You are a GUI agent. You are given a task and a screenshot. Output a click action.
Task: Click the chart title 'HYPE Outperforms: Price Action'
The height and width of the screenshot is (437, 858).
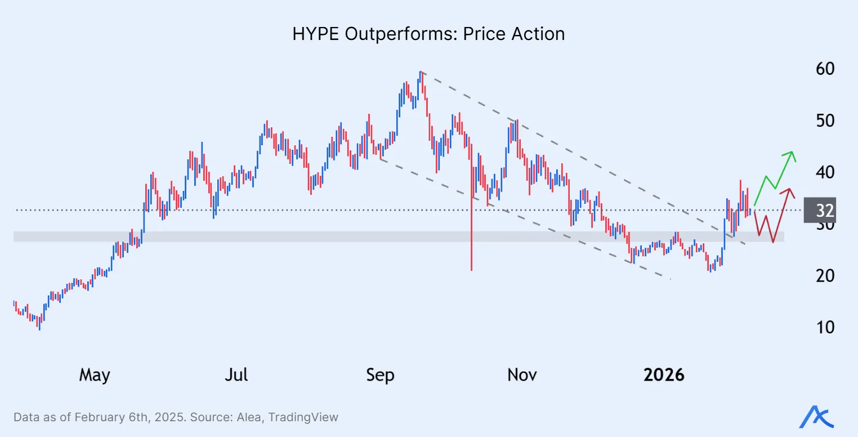pos(428,34)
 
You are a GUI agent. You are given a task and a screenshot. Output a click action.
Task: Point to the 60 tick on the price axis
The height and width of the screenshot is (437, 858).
pos(825,69)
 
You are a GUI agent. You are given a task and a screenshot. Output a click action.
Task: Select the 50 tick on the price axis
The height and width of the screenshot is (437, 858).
pos(825,121)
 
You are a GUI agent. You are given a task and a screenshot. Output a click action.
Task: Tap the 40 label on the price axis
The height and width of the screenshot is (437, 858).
pos(825,172)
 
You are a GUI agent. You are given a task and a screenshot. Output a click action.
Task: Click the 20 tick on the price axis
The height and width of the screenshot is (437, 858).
pos(825,275)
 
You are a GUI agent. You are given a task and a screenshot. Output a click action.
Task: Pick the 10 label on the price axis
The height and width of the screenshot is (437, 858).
pos(825,327)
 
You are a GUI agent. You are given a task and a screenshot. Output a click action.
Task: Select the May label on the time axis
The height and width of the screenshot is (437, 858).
pos(95,374)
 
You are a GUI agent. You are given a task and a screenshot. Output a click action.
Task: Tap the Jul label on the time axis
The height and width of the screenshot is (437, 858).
pos(236,374)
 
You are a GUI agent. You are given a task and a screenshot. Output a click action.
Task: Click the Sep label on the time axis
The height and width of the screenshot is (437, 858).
pos(380,374)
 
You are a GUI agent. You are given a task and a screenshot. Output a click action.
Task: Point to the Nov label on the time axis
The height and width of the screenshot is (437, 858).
pos(522,374)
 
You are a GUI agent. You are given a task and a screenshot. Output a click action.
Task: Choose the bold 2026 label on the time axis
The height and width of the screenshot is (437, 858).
pos(664,374)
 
